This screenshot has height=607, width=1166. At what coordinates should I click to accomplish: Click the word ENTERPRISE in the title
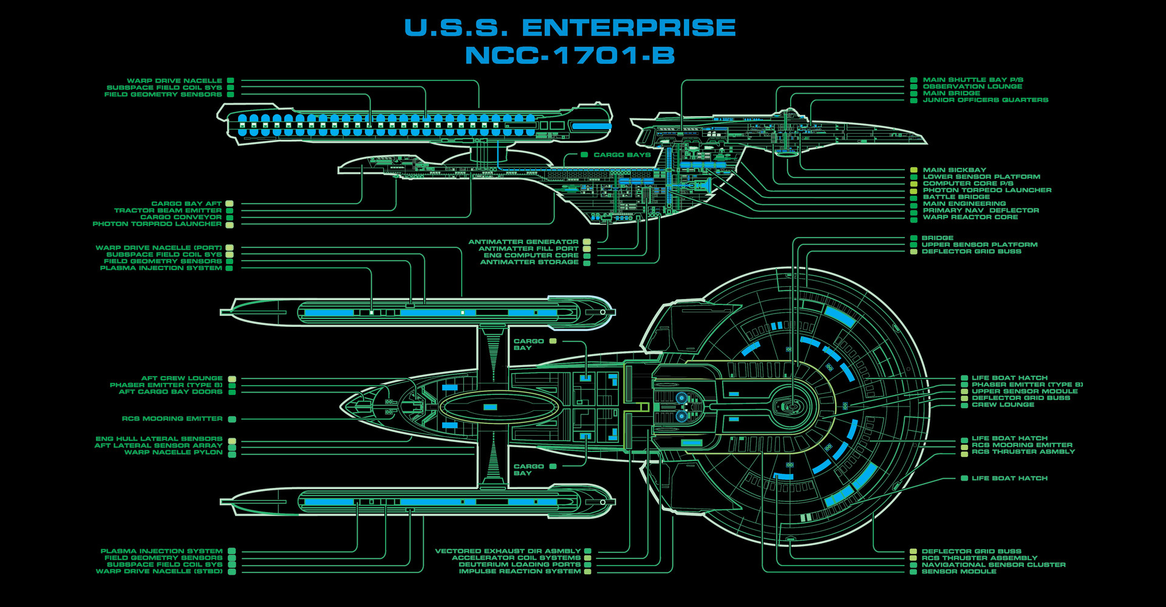[629, 27]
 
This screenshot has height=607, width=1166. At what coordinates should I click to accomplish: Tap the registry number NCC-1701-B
[570, 55]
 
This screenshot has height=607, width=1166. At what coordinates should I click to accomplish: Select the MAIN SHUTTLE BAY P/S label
[973, 80]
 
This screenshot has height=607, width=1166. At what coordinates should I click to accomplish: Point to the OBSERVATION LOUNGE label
[972, 86]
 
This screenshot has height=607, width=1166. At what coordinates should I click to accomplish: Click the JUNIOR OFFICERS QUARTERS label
[986, 100]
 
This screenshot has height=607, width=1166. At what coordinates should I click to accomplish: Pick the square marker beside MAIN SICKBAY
[913, 170]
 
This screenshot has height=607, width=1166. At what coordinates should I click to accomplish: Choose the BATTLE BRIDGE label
[956, 197]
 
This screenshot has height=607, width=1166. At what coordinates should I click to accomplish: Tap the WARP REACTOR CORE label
[970, 217]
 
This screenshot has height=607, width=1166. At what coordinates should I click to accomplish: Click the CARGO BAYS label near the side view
[622, 155]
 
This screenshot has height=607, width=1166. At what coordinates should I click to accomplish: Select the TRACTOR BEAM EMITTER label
[168, 210]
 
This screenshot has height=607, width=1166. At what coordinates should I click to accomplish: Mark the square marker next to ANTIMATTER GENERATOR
[587, 242]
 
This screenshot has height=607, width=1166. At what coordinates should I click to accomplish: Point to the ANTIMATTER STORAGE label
[530, 262]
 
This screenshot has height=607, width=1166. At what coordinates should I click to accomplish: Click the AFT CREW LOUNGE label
[182, 378]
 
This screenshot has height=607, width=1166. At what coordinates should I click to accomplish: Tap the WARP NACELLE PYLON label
[174, 452]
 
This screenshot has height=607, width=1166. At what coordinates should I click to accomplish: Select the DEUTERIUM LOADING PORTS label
[520, 564]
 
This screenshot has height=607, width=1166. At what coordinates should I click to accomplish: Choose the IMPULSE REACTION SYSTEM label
[520, 571]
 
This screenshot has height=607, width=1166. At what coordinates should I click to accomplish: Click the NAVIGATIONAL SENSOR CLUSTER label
[994, 564]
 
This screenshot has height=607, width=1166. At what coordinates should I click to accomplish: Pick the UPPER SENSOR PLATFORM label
[980, 244]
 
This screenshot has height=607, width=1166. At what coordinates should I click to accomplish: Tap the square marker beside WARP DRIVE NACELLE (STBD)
[232, 571]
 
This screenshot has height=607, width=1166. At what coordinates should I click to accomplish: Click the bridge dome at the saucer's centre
[792, 405]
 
